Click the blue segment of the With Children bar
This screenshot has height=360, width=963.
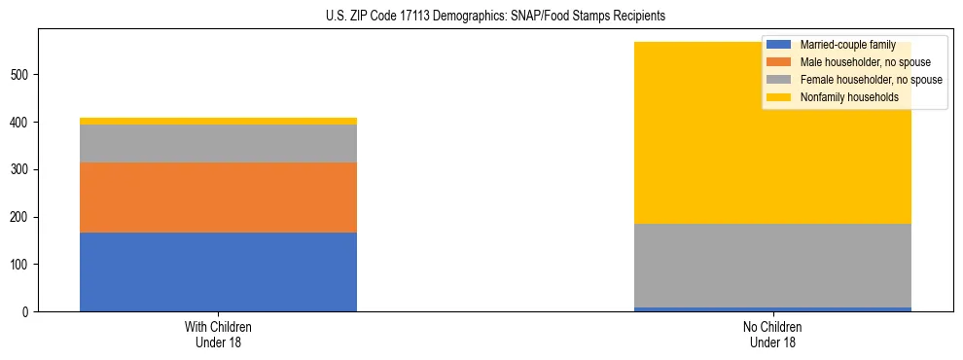[x=218, y=271]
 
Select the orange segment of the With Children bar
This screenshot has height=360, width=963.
[x=218, y=198]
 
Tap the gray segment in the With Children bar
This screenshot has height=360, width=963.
[x=218, y=143]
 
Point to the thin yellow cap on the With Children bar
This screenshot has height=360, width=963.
[x=218, y=121]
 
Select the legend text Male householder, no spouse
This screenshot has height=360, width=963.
[x=860, y=62]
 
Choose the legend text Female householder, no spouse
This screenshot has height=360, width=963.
[x=870, y=80]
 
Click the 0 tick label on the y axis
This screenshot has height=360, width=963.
[x=28, y=312]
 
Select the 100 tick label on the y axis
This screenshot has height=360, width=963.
[x=22, y=265]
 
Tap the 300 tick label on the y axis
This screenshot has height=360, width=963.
[x=22, y=169]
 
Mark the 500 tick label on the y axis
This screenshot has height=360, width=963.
[x=22, y=75]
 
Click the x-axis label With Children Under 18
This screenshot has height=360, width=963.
[x=218, y=335]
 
